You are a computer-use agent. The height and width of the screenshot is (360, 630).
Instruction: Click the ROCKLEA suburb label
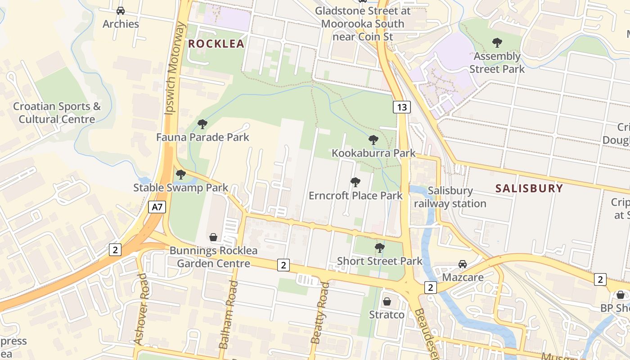pos(216,44)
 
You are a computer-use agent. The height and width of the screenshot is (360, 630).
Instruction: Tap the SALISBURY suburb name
pos(529,188)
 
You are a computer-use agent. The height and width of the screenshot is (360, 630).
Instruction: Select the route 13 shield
pos(401,107)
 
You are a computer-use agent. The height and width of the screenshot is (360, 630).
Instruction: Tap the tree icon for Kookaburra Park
pos(373,140)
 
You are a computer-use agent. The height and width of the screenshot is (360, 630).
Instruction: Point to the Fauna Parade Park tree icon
pos(202,124)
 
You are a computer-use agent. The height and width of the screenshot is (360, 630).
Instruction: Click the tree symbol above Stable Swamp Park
pos(181,174)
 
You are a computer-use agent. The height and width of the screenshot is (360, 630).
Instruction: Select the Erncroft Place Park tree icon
pos(355,182)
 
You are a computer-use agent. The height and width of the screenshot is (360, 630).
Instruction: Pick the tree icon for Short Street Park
pos(380,247)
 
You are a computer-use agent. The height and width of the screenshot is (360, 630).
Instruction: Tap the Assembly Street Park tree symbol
pos(497,43)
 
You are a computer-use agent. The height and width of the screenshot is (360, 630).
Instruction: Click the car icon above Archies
pos(121,10)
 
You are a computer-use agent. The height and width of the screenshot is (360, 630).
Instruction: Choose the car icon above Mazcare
pos(463,264)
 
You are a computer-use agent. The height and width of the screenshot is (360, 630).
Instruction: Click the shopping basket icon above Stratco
pos(387,301)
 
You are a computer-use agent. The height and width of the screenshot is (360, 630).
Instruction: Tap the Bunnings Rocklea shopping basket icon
pos(213,237)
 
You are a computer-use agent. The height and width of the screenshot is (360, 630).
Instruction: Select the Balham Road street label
pos(228,314)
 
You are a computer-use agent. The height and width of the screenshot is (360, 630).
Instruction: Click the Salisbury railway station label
pos(450,197)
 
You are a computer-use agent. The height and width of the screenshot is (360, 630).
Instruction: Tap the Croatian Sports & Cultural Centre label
pos(57,113)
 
